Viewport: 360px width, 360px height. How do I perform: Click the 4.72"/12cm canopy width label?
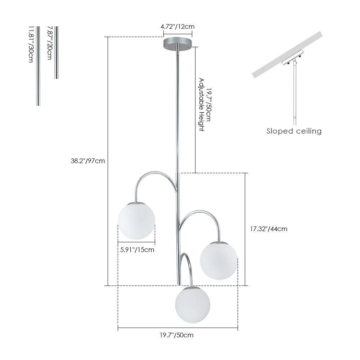tap(178, 26)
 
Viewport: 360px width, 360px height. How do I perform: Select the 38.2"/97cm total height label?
tap(88, 161)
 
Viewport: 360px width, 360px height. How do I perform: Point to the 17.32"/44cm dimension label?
tap(269, 229)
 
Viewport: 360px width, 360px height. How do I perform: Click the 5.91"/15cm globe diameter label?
tap(137, 249)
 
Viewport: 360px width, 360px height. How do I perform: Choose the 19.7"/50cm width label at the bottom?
tap(177, 335)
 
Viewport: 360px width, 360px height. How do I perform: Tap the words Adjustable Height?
tap(202, 104)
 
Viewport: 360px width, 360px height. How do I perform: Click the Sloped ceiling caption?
tap(294, 131)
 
